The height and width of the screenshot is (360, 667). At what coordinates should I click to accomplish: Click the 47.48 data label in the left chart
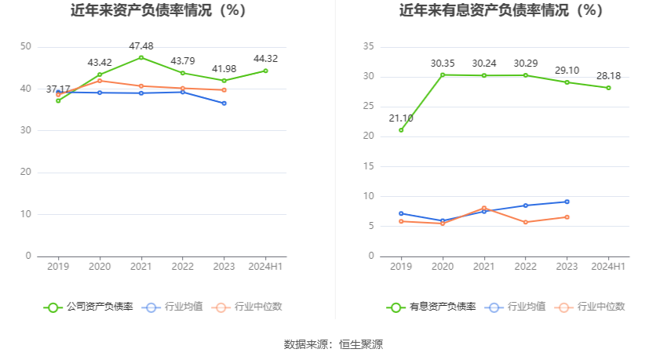pos(141,45)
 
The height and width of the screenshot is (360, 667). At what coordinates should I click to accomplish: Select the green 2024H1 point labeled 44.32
pos(265,71)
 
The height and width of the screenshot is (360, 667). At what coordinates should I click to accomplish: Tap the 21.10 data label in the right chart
pos(400,118)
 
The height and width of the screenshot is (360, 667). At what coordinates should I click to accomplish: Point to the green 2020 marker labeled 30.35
pos(443,75)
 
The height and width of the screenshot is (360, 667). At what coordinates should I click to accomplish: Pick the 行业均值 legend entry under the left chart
pos(172,307)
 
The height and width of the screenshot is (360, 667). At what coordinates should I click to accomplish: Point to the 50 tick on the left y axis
pos(26,47)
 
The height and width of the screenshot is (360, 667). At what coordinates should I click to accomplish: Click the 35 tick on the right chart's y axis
pos(369,47)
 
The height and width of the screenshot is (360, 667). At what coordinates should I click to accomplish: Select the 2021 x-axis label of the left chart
pos(141,267)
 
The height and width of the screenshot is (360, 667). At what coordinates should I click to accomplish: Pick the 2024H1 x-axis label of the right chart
pos(608,267)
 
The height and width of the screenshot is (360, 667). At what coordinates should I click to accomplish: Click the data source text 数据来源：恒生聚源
pos(333,344)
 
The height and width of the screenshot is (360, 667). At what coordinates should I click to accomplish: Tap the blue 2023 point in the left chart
pos(224,104)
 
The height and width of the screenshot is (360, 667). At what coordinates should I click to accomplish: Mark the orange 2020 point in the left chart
pos(100,81)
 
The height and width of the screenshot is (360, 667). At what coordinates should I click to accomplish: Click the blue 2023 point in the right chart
pos(567,202)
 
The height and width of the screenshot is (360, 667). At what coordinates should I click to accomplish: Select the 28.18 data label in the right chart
pos(608,76)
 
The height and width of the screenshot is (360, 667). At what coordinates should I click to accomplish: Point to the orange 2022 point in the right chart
pos(526,222)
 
